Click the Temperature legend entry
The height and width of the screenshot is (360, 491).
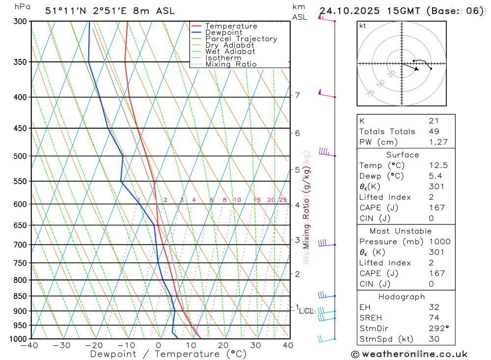click(x=231, y=26)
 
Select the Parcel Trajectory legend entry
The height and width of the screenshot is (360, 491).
click(x=241, y=39)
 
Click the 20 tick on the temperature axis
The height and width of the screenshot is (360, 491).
click(x=223, y=345)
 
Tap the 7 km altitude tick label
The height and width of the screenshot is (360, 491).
click(x=297, y=95)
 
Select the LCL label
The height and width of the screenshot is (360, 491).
click(x=306, y=311)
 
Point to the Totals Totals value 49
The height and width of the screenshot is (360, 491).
click(x=434, y=131)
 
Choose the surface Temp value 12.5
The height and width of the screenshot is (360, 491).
click(x=438, y=166)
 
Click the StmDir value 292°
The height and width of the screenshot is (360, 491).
click(x=437, y=329)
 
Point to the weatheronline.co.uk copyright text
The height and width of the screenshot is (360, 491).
click(x=409, y=354)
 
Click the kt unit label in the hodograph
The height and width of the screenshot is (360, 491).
click(x=362, y=26)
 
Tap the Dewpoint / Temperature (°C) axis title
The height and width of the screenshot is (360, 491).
click(x=168, y=354)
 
